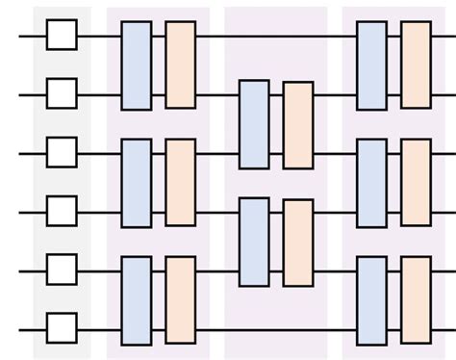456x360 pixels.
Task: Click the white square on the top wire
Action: click(x=63, y=36)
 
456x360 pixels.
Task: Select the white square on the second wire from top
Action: click(x=63, y=94)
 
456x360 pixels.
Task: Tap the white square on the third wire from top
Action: click(x=63, y=152)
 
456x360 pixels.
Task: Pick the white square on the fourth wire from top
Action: click(x=63, y=211)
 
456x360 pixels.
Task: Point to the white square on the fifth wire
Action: click(x=63, y=270)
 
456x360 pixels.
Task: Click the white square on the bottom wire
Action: click(x=63, y=327)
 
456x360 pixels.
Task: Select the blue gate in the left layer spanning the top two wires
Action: click(x=137, y=65)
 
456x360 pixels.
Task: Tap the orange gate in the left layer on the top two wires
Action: click(x=180, y=65)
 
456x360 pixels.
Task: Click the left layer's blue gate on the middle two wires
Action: click(x=137, y=183)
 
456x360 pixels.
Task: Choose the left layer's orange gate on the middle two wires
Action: click(x=180, y=183)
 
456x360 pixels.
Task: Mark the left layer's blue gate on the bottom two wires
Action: click(x=137, y=299)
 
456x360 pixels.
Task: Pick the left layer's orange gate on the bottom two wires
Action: click(x=180, y=299)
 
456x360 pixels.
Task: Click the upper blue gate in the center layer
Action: click(x=254, y=124)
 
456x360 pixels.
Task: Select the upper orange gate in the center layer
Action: click(x=298, y=124)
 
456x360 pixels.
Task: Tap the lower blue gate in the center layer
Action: click(x=254, y=242)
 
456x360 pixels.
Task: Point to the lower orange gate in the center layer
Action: click(x=298, y=242)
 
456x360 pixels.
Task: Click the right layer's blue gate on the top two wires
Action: click(x=371, y=65)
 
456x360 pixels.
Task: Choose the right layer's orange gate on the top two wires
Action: click(x=416, y=65)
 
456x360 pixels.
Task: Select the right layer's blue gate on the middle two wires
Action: click(x=371, y=183)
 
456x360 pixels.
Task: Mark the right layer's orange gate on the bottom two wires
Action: click(x=416, y=299)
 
